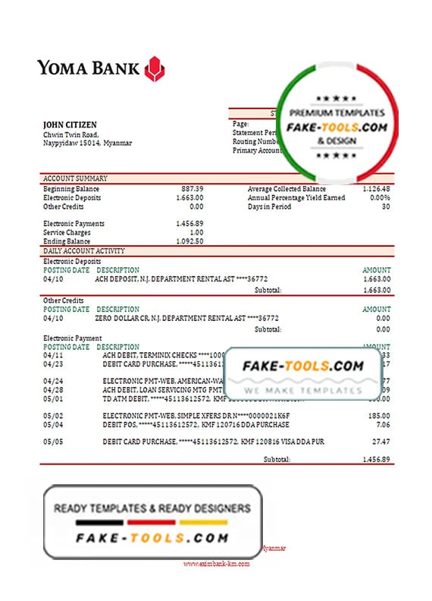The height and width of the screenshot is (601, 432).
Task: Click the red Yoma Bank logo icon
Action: pyautogui.click(x=155, y=68)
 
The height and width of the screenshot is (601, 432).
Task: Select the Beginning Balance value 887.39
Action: pyautogui.click(x=192, y=188)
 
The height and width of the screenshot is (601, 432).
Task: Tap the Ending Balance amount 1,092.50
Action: pyautogui.click(x=189, y=241)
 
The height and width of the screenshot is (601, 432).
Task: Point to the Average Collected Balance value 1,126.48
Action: pyautogui.click(x=376, y=188)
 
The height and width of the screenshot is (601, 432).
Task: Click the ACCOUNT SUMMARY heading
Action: pyautogui.click(x=75, y=178)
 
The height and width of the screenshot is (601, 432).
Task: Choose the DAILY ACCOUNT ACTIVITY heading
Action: pyautogui.click(x=84, y=250)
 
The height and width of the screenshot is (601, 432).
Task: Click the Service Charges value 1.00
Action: pyautogui.click(x=196, y=232)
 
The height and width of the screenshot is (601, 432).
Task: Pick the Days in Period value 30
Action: pyautogui.click(x=386, y=206)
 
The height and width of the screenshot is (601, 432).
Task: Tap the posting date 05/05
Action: pyautogui.click(x=54, y=442)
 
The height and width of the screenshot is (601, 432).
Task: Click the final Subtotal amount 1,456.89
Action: pyautogui.click(x=376, y=460)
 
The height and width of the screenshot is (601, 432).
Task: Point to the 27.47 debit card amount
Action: pyautogui.click(x=381, y=442)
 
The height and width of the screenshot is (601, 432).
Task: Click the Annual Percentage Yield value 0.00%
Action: pyautogui.click(x=379, y=197)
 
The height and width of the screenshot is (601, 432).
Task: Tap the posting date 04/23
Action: pyautogui.click(x=54, y=363)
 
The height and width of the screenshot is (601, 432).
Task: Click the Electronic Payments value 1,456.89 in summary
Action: pyautogui.click(x=189, y=223)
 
